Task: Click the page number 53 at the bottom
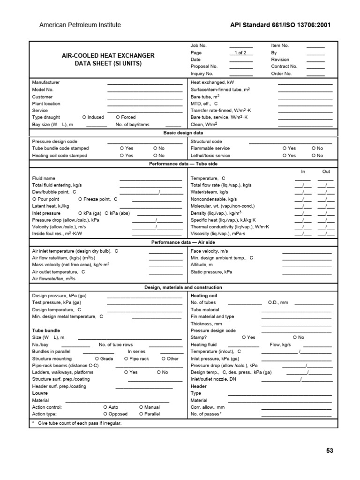pos(329,450)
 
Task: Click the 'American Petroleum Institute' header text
pos(80,25)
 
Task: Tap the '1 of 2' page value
pos(240,53)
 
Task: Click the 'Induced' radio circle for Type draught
pos(84,117)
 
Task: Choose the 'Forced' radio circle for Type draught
pos(118,117)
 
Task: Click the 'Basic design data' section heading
pos(183,133)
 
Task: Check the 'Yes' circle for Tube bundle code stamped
pos(122,148)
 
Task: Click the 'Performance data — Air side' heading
pos(183,242)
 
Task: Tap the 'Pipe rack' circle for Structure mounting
pos(126,358)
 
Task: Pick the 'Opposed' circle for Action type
pos(105,414)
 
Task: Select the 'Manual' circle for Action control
pos(141,407)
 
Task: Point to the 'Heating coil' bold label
pos(204,296)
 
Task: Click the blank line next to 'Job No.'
pos(240,47)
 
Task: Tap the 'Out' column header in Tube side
pos(326,172)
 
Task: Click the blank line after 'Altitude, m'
pos(307,266)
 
